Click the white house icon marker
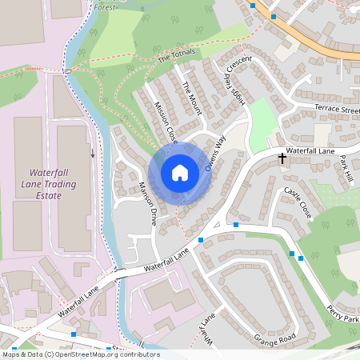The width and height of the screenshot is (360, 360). [x=180, y=173]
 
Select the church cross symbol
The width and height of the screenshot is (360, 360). [x=282, y=158]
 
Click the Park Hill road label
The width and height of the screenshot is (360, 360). [x=346, y=166]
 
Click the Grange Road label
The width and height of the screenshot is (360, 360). [x=274, y=339]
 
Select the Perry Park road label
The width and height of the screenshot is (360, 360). [x=343, y=311]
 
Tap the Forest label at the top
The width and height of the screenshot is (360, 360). [x=103, y=6]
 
